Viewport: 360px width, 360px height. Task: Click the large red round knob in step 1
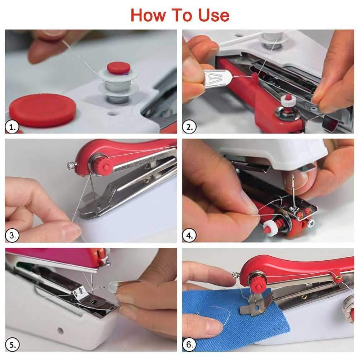pyautogui.click(x=42, y=110)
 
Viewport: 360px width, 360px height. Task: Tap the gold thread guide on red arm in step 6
pyautogui.click(x=338, y=277)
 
